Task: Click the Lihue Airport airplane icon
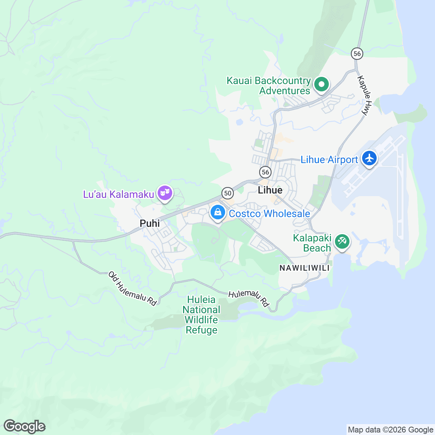[369, 158]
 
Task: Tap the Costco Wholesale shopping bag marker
[217, 212]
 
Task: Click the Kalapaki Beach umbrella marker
[342, 241]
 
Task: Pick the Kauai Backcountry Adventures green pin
[321, 85]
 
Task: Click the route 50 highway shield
[228, 193]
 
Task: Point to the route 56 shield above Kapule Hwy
[357, 54]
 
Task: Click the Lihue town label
[270, 190]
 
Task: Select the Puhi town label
[150, 223]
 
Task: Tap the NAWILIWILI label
[304, 268]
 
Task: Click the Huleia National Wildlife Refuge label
[202, 315]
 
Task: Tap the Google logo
[24, 426]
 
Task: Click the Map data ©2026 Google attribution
[390, 430]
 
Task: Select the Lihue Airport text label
[329, 160]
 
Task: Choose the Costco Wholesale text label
[269, 214]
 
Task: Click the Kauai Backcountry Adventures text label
[269, 86]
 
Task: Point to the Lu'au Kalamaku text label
[119, 195]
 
